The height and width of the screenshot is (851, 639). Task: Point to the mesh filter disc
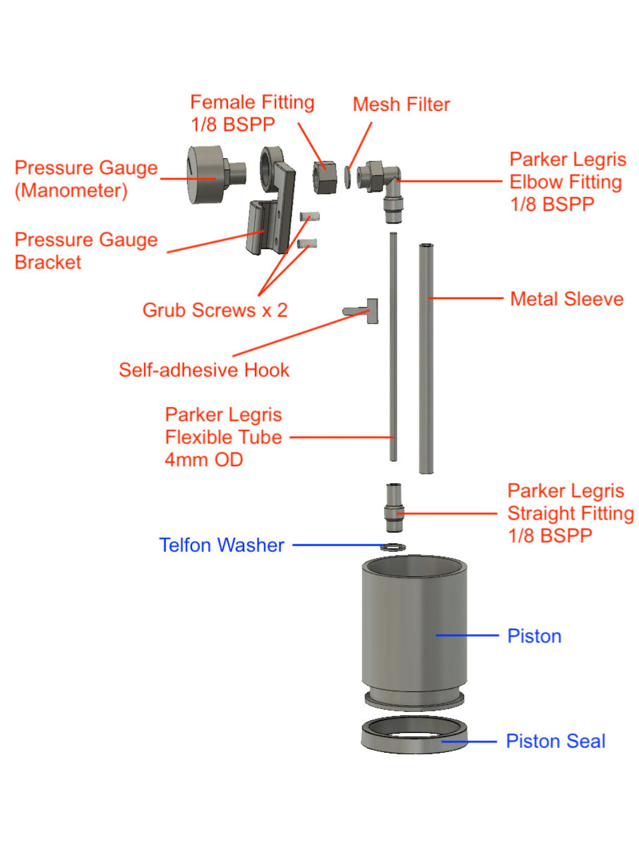coord(347,177)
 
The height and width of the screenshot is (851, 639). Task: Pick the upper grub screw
coord(309,216)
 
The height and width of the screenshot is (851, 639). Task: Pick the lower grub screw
coord(307,243)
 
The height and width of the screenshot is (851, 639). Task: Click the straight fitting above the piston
coord(394,508)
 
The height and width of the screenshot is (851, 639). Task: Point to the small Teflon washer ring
coord(393,547)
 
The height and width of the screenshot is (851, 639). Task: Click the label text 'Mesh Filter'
coord(401,104)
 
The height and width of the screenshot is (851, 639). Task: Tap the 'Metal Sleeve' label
coord(566,298)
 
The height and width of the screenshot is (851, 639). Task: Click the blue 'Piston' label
coord(534,636)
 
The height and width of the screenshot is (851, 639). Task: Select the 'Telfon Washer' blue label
coord(221,545)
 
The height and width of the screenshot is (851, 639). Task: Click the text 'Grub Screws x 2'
coord(215,310)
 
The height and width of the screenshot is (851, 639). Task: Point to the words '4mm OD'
coord(203,460)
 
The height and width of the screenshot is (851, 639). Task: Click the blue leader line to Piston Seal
coord(471,741)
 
